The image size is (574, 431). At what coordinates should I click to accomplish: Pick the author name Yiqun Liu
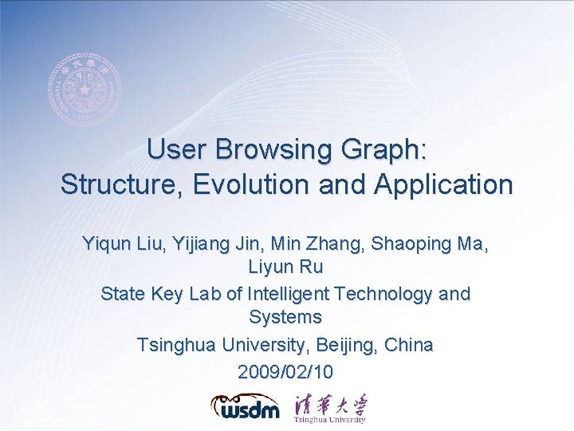tap(120, 244)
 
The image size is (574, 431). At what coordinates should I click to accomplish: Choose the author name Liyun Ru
tap(285, 266)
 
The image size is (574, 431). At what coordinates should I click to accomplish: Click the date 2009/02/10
tap(285, 372)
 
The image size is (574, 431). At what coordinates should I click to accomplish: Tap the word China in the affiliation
tap(408, 346)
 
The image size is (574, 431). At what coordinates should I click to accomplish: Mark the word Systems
tap(285, 317)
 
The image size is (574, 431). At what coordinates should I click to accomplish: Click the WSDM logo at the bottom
tap(246, 406)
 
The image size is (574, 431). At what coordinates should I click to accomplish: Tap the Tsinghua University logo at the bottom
tap(330, 407)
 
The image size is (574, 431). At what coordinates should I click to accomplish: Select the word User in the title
tap(171, 150)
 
